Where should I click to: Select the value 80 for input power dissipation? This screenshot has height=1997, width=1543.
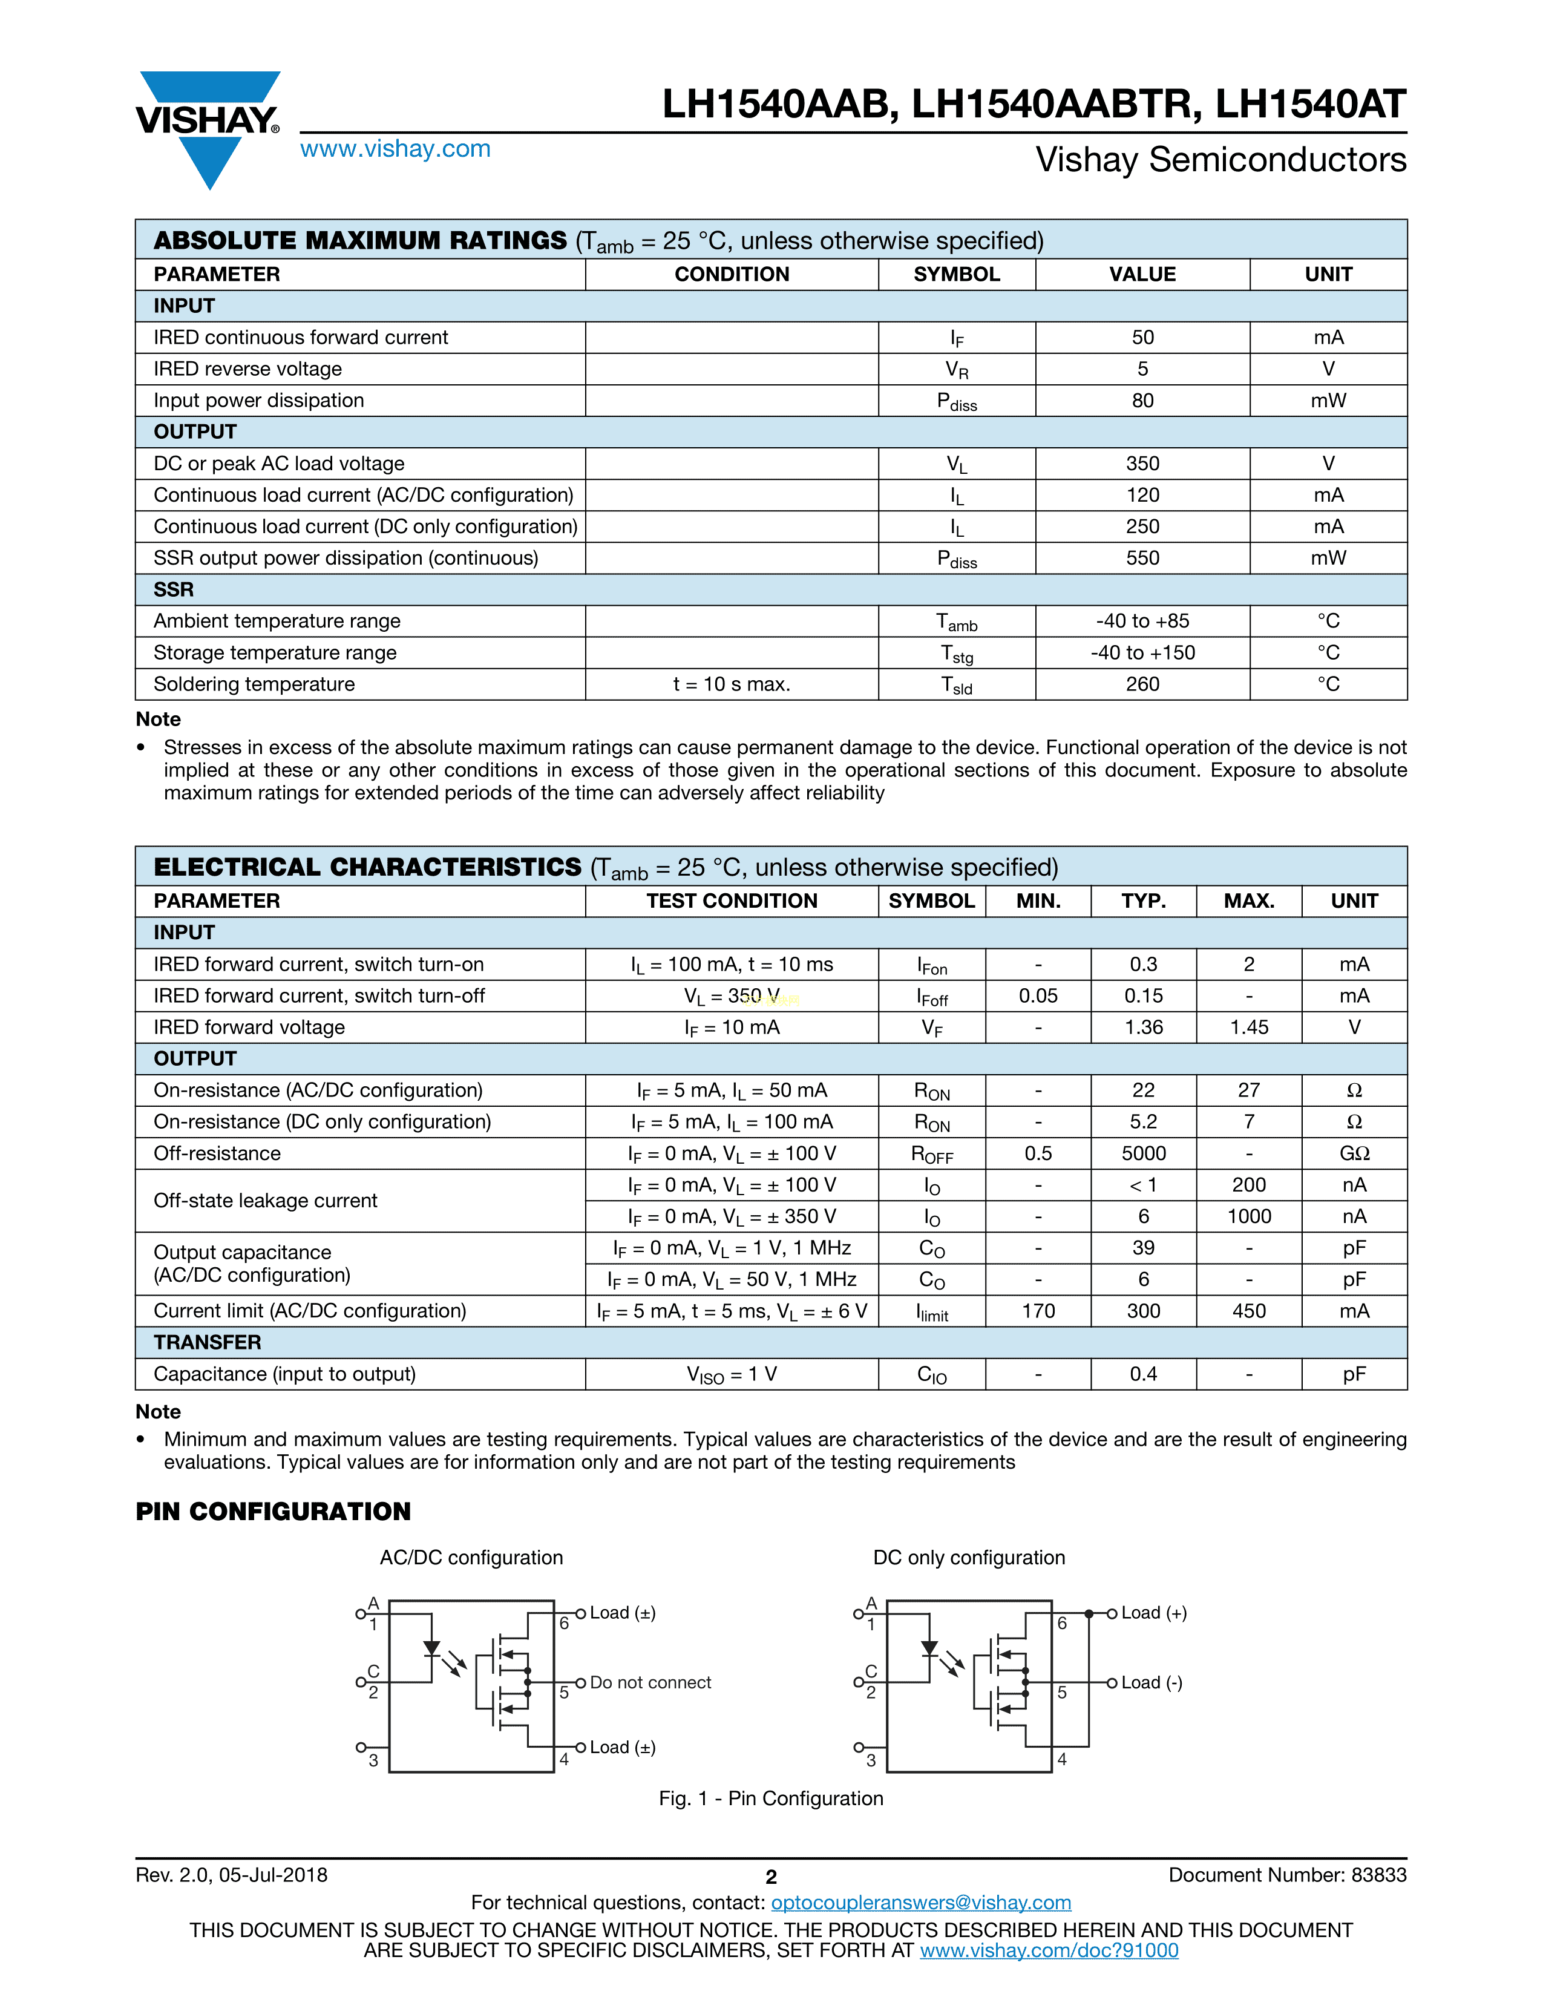click(1142, 401)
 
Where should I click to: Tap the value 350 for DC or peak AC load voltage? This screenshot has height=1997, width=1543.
click(1142, 464)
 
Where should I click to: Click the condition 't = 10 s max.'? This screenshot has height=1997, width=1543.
click(732, 684)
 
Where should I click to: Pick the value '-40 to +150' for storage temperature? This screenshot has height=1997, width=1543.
click(1142, 653)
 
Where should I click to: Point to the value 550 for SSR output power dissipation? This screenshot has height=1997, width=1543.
click(1142, 558)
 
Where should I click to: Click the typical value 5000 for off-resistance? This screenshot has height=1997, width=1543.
click(1144, 1153)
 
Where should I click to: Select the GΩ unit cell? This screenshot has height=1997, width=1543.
click(1354, 1153)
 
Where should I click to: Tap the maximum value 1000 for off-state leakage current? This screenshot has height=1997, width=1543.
click(1249, 1216)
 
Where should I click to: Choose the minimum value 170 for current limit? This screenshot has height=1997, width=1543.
click(1038, 1311)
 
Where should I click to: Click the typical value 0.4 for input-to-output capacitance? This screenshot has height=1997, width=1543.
click(1144, 1374)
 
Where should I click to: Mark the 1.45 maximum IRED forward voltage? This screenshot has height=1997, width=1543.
click(1249, 1028)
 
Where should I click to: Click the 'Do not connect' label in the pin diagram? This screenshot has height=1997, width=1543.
click(650, 1682)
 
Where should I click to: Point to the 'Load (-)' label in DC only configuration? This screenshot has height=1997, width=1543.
click(1152, 1682)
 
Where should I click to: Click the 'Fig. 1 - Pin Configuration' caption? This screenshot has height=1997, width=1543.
click(770, 1799)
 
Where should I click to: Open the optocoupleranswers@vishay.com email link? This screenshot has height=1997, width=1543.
click(920, 1903)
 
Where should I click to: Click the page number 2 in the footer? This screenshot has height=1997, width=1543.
click(770, 1877)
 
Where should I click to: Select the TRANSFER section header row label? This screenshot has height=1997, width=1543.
click(208, 1342)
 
